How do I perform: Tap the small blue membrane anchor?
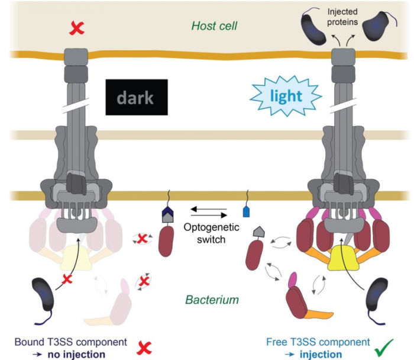coord(247,211)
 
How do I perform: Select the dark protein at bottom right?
coord(379,300)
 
